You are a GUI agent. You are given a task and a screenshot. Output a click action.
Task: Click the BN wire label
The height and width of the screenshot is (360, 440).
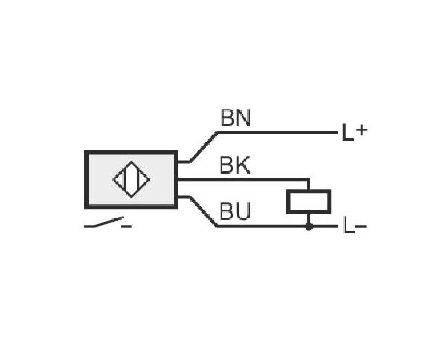tap(235, 118)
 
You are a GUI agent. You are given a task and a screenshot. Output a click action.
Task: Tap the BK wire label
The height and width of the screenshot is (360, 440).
tap(235, 166)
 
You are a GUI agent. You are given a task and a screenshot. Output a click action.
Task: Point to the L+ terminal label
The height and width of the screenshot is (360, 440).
tap(354, 133)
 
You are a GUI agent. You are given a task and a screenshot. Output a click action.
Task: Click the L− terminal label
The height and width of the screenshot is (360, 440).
tap(355, 226)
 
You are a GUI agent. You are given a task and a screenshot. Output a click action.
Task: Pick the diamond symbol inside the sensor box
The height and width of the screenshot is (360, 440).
tap(131, 179)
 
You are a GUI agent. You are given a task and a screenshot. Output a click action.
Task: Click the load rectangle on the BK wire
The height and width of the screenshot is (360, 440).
tap(308, 202)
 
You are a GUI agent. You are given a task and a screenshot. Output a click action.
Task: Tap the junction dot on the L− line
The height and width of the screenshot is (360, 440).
tap(309, 226)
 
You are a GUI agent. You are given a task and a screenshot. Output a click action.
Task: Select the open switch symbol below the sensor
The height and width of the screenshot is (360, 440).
tap(104, 222)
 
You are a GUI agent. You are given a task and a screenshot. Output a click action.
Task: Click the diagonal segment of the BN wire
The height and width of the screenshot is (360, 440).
tap(203, 146)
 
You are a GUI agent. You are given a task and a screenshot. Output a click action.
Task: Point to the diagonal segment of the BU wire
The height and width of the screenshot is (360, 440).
tap(203, 211)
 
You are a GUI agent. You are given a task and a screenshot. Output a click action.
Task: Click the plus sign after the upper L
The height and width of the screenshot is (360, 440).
tap(362, 130)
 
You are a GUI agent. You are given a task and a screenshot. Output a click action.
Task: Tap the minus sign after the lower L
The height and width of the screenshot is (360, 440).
tap(362, 226)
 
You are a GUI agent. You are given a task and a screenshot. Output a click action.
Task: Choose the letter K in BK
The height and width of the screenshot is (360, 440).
tap(242, 166)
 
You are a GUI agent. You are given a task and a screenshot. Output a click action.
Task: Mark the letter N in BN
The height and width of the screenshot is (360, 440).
tap(243, 118)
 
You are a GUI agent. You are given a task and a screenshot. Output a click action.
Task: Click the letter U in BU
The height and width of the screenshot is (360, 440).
tap(242, 211)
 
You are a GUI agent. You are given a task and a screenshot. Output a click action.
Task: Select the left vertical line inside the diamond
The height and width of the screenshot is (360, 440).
tap(124, 179)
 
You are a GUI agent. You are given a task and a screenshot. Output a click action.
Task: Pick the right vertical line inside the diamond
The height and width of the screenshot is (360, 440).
tap(138, 179)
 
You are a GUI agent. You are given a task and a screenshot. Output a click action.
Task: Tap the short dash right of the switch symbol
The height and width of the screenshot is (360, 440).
tap(126, 226)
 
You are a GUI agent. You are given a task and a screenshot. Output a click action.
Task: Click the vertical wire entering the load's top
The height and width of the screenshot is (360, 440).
tap(309, 184)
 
